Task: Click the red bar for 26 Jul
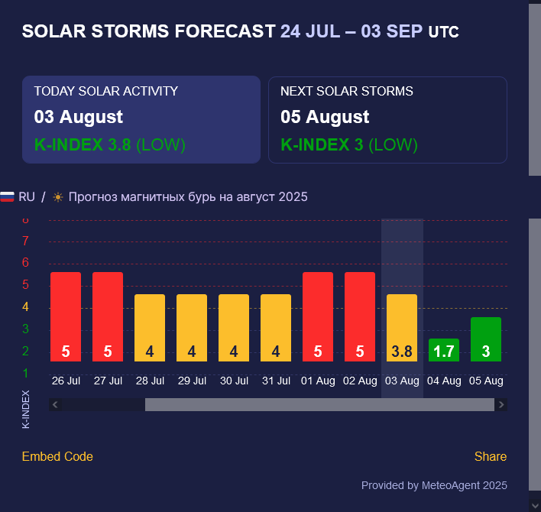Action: (x=66, y=316)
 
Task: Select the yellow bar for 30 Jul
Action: (x=234, y=328)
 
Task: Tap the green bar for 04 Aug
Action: (x=444, y=350)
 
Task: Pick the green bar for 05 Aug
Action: (x=486, y=339)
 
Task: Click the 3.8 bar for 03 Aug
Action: (x=402, y=328)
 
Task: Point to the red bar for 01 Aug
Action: (x=318, y=316)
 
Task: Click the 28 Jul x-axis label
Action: (x=150, y=381)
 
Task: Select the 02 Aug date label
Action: (x=360, y=381)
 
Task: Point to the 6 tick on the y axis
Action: (x=25, y=263)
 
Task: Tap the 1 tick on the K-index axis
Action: (x=25, y=374)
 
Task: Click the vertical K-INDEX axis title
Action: (x=26, y=410)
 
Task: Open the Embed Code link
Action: (x=57, y=456)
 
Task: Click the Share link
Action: (x=491, y=456)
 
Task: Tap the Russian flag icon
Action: (x=7, y=196)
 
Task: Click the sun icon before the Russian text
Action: (x=58, y=197)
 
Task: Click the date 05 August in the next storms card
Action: (x=325, y=117)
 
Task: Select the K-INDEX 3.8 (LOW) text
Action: (x=110, y=144)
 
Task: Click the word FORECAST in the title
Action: (x=225, y=31)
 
